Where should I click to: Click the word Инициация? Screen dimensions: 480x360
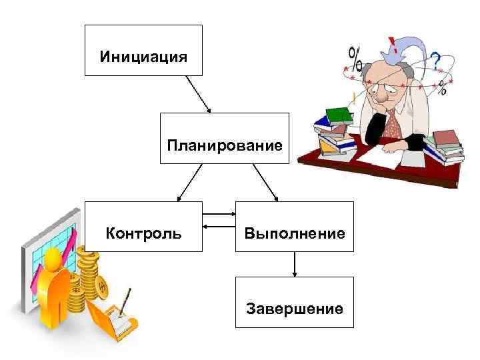point(143,55)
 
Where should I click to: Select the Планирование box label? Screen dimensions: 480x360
point(225,145)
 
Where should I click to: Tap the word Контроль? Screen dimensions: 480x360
point(143,234)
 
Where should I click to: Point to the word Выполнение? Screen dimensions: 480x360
point(294,234)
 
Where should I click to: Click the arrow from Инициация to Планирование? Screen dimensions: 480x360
point(198,94)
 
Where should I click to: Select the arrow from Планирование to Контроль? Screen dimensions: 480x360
point(189,183)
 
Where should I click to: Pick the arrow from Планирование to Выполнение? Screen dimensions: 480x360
point(266,183)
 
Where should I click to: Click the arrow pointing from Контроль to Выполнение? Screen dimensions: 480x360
point(219,214)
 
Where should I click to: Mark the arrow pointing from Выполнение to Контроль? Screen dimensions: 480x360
point(219,227)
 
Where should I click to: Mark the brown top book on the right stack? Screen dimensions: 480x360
point(443,137)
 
